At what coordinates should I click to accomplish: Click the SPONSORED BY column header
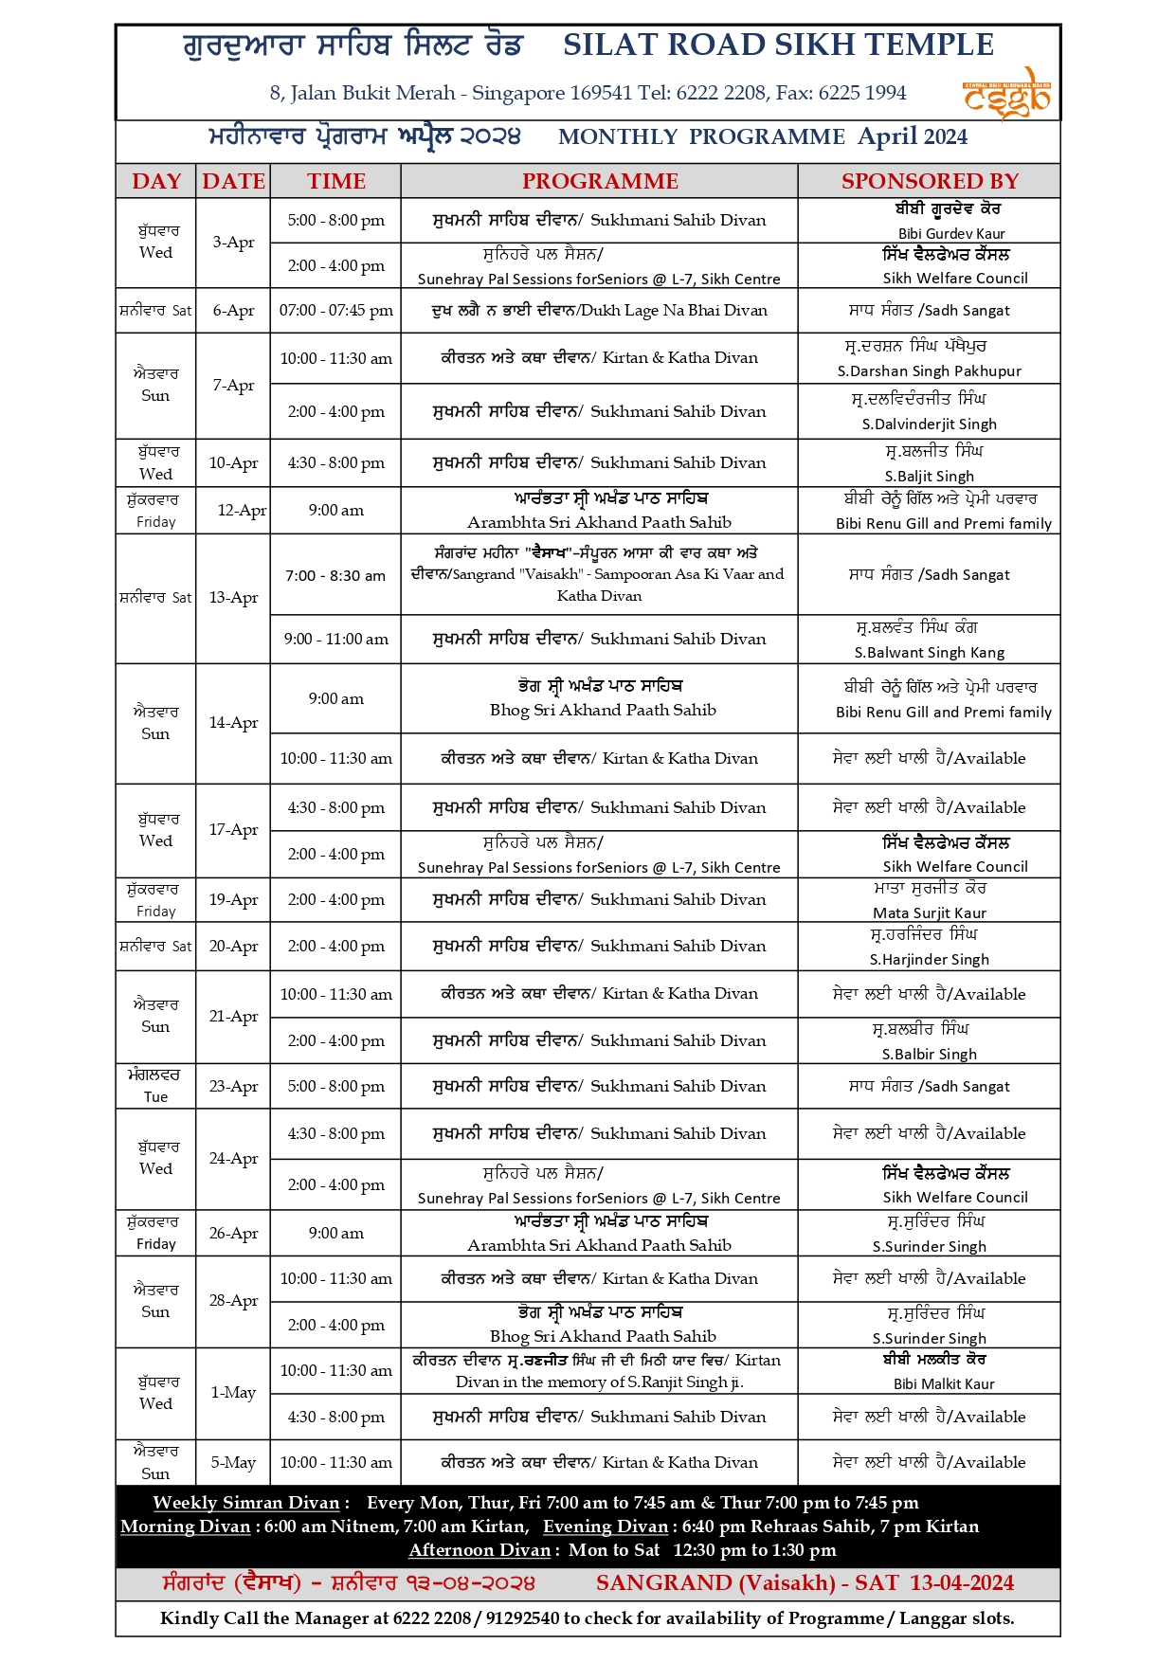pos(930,181)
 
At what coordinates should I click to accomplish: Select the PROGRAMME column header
pos(600,181)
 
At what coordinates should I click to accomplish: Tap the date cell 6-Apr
pos(233,311)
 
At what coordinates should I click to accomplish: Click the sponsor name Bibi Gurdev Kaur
pos(951,233)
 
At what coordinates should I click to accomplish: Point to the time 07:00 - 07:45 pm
pos(336,311)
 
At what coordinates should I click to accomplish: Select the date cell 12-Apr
pos(242,510)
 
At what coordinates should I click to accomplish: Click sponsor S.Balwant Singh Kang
pos(929,652)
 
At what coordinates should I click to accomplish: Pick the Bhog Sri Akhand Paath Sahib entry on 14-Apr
pos(603,710)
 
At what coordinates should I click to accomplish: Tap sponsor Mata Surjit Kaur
pos(929,912)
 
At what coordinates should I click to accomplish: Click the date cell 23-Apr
pos(233,1087)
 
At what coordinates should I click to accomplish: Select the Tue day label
pos(155,1097)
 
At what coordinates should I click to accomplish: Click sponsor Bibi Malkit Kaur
pos(944,1383)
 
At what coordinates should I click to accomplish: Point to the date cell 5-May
pos(233,1462)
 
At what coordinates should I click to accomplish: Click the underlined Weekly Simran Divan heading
pos(245,1503)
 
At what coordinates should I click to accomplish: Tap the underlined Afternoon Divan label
pos(479,1550)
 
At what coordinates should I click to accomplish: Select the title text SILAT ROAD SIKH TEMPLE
pos(778,45)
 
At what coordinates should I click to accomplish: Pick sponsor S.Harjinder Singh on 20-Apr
pos(929,959)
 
